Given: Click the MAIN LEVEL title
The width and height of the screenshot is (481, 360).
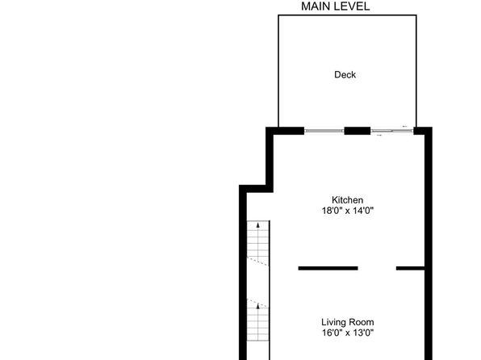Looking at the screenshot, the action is click(335, 6).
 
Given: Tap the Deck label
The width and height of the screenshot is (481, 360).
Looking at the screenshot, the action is click(345, 74).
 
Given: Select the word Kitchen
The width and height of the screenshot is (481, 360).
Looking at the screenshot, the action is click(347, 200).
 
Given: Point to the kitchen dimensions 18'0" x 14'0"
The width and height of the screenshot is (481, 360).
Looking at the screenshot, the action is click(348, 211).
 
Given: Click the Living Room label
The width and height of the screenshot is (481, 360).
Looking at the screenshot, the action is click(348, 322).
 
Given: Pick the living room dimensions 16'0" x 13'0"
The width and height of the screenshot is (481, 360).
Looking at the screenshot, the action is click(348, 333).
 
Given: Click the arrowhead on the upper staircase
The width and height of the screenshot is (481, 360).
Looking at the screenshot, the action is click(258, 225).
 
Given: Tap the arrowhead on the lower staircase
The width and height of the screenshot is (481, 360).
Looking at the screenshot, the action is click(258, 306).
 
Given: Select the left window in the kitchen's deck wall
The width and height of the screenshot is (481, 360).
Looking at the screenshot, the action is click(324, 131).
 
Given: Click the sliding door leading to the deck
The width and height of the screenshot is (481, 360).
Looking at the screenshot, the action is click(391, 131).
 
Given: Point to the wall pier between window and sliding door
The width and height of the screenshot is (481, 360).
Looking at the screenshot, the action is click(357, 131).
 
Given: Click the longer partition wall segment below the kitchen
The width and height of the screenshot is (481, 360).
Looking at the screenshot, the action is click(328, 269).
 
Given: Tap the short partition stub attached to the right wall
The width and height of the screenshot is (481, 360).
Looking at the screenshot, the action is click(411, 269).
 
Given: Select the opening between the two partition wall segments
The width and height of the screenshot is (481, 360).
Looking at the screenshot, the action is click(377, 269).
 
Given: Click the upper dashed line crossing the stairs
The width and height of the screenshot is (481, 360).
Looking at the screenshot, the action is click(258, 262).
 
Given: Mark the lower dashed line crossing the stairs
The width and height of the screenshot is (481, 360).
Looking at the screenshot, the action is click(258, 303).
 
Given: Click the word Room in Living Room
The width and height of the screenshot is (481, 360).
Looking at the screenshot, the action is click(363, 322).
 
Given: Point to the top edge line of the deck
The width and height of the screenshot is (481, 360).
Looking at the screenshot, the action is click(347, 15).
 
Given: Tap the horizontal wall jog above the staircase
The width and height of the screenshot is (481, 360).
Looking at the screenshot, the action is click(256, 189).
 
